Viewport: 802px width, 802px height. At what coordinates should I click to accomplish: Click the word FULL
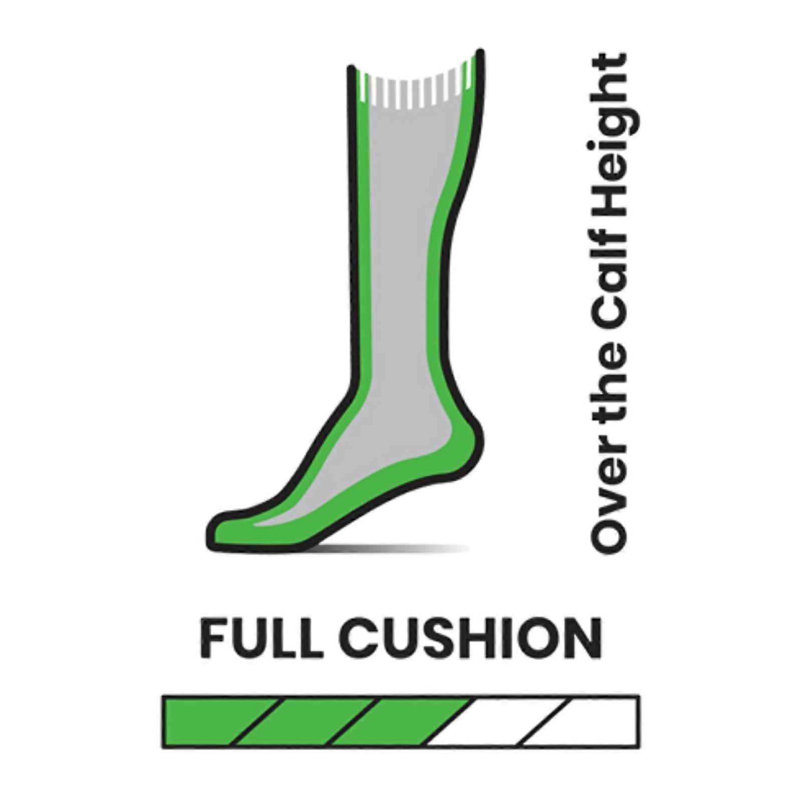pyautogui.click(x=259, y=639)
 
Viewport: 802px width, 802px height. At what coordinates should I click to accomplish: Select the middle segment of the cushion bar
pyautogui.click(x=401, y=722)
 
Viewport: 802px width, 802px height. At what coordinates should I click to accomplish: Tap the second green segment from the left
pyautogui.click(x=305, y=722)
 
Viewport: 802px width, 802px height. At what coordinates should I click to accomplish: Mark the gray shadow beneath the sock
pyautogui.click(x=396, y=548)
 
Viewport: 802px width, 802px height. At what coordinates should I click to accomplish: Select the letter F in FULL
pyautogui.click(x=214, y=639)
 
